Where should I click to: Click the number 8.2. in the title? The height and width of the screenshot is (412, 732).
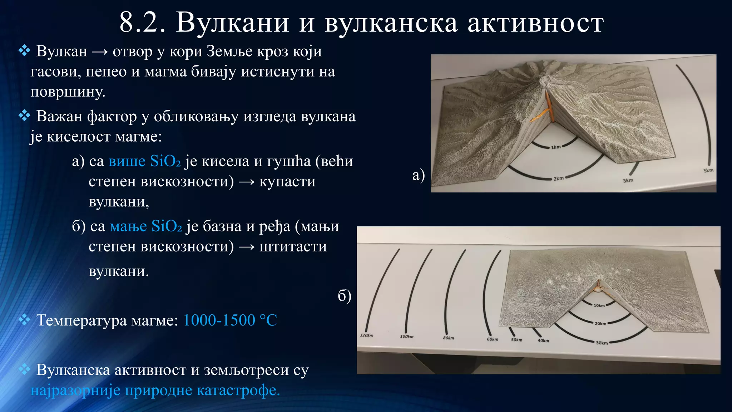pos(142,23)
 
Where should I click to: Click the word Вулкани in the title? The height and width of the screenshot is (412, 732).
pos(232,23)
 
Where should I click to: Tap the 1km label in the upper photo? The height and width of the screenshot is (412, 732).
pos(556,147)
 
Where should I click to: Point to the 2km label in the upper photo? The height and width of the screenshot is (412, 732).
pos(558,178)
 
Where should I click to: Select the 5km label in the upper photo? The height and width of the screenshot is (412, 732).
pos(708,170)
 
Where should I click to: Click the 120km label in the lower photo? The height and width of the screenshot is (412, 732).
pos(366,335)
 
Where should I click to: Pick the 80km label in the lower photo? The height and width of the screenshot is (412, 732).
pos(448,338)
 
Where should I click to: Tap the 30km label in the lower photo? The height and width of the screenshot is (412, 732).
pos(602,343)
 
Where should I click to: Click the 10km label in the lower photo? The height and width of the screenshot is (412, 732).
pos(599,305)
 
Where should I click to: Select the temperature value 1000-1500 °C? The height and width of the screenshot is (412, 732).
pos(230,320)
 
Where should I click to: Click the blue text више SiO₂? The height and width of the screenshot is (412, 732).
pos(144,161)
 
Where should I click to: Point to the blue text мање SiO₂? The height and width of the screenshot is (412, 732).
pos(145,226)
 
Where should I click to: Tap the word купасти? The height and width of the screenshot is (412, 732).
pos(287,182)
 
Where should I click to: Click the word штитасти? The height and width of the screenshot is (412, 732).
pos(293,247)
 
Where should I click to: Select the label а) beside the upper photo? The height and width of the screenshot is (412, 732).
pos(418,175)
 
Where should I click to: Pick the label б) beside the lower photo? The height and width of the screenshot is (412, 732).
pos(345,295)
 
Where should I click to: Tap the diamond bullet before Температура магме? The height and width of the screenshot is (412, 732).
pos(24,319)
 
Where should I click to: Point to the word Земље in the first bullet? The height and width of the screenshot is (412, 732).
pos(229,51)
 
